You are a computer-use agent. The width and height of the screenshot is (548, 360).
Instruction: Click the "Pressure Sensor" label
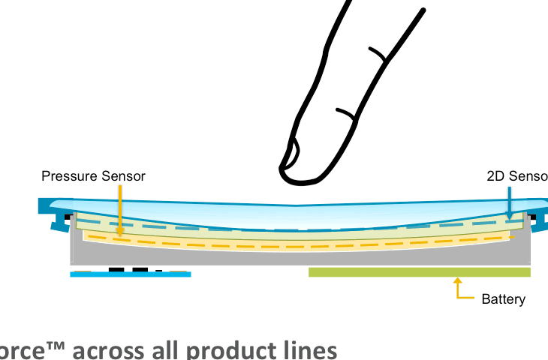click(x=93, y=176)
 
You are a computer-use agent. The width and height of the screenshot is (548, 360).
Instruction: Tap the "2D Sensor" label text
click(x=516, y=176)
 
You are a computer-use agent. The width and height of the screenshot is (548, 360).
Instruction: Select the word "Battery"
click(x=503, y=299)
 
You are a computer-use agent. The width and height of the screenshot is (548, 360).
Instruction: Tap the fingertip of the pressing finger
click(x=300, y=174)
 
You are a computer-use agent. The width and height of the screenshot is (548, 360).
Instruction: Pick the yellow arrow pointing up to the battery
click(x=459, y=288)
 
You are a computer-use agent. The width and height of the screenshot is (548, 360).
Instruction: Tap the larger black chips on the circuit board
click(x=128, y=268)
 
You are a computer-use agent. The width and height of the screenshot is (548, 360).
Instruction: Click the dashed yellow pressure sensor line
click(x=300, y=246)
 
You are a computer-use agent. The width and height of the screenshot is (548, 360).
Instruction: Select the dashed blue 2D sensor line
click(x=300, y=230)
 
